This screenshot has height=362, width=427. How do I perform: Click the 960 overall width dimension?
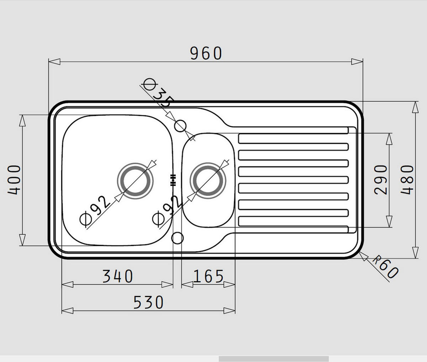pos(206,53)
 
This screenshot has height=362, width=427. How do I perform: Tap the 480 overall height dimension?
pos(407,180)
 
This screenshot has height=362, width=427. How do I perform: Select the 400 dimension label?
pos(14,180)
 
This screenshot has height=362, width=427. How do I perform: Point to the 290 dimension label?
pos(380,180)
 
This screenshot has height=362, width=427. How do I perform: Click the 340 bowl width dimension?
pos(118,276)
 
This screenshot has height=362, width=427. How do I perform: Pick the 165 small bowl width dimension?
pos(208,276)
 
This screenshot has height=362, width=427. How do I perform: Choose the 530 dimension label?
pos(148,303)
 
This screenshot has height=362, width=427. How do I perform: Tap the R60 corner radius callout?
pos(386,267)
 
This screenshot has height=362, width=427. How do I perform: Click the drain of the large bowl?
pos(135,181)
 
